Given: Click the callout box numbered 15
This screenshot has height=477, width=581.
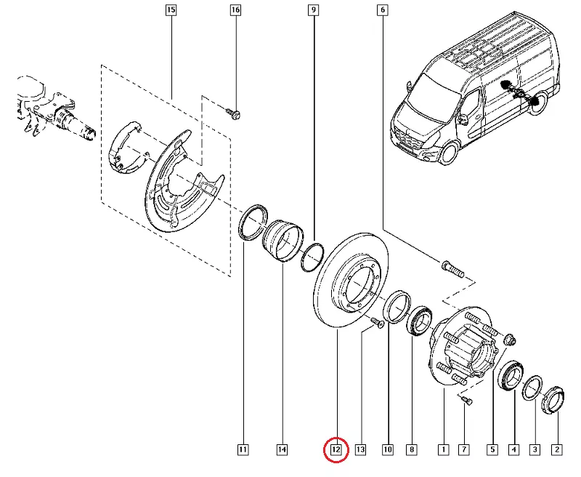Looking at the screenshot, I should click(171, 11).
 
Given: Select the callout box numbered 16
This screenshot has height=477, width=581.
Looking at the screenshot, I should click(235, 11).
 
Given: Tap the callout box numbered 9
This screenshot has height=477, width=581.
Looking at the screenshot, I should click(314, 11).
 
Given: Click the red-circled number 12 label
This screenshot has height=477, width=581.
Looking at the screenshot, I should click(336, 450).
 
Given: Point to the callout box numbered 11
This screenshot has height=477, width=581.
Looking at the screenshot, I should click(243, 450).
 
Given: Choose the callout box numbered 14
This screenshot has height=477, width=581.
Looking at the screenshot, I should click(282, 450).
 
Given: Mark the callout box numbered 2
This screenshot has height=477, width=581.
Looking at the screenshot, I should click(557, 450).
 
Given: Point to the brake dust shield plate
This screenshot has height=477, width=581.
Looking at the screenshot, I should click(178, 182).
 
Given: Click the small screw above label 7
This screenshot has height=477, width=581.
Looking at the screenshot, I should click(466, 399).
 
